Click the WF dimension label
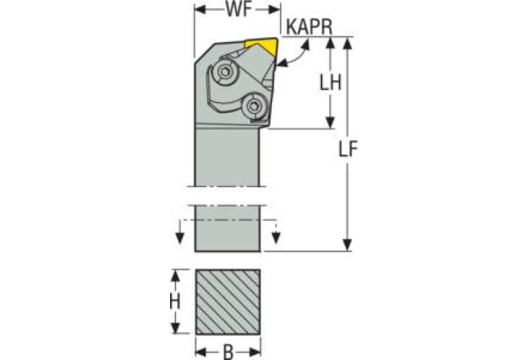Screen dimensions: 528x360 (239, 10)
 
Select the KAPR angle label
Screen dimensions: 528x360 (309, 27)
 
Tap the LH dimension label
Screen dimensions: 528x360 (330, 82)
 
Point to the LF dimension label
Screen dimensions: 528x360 (348, 149)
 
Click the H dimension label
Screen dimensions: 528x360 (175, 301)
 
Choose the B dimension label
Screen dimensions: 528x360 (228, 352)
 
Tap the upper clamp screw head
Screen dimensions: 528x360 (224, 72)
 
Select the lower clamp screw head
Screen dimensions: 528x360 (253, 106)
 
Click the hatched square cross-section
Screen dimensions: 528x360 (228, 301)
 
